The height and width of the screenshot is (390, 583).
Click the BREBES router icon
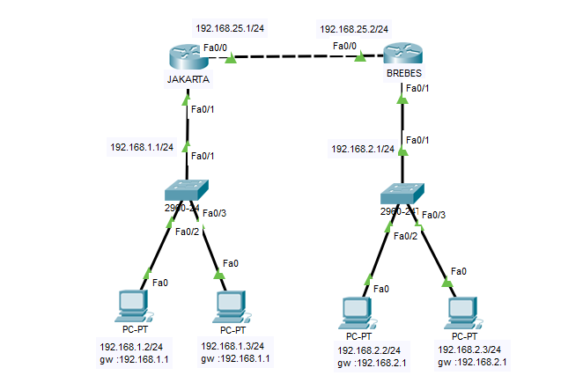402,55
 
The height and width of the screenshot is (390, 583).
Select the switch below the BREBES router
403,192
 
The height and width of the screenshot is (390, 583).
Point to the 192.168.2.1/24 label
363,149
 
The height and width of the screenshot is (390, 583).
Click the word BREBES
403,75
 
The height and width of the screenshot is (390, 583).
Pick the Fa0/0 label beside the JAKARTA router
216,47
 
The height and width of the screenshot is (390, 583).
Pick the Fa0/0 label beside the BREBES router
344,45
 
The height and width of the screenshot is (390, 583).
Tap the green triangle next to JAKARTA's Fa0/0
232,60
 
